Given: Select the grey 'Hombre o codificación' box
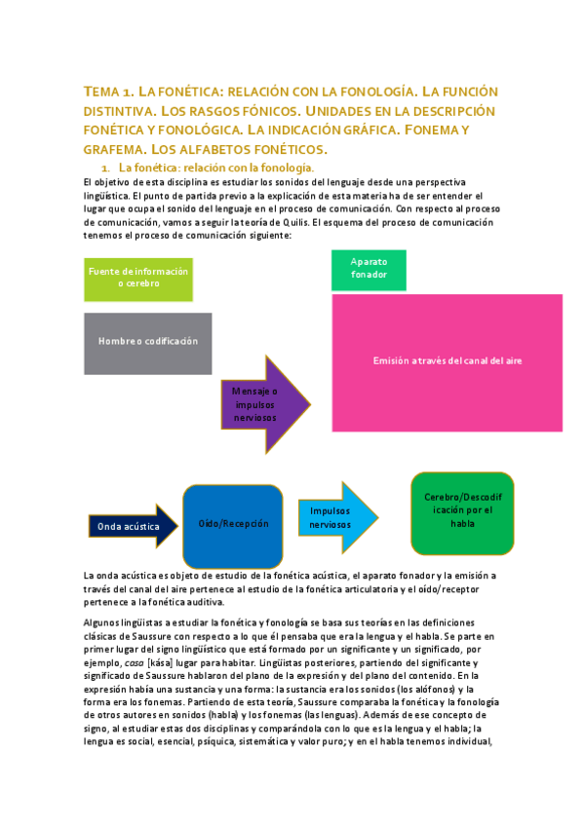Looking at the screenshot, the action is click(x=147, y=342).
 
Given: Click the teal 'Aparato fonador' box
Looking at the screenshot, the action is click(x=369, y=268).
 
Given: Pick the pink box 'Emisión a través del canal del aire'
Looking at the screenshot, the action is click(x=447, y=361).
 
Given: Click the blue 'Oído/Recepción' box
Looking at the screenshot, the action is click(x=233, y=524).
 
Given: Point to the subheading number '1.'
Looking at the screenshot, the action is click(x=103, y=169).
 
